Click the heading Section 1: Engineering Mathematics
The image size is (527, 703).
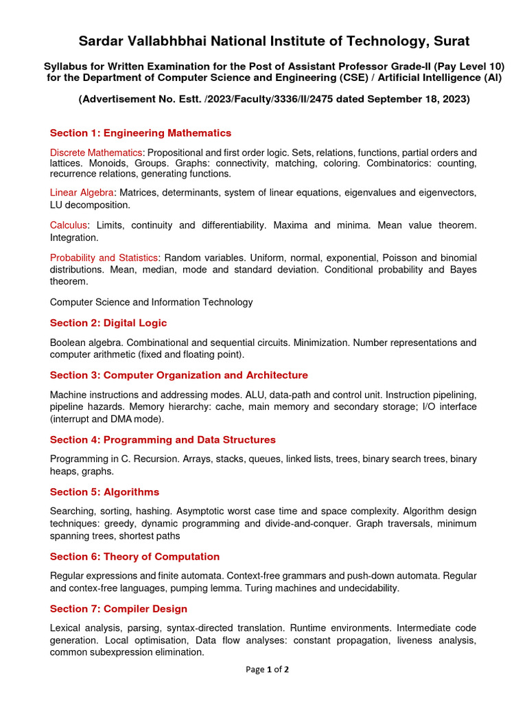click(x=141, y=133)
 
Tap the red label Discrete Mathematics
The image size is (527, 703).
click(x=96, y=152)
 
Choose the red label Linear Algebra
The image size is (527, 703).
click(x=82, y=192)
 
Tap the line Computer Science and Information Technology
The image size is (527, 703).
click(x=151, y=302)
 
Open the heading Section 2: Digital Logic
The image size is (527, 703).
click(x=108, y=323)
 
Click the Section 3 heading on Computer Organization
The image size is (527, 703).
click(x=178, y=376)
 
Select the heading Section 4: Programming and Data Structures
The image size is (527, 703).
click(x=163, y=440)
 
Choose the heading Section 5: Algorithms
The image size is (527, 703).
click(x=104, y=492)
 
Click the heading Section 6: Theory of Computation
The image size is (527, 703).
click(x=134, y=557)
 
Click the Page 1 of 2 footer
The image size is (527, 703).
click(x=267, y=670)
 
